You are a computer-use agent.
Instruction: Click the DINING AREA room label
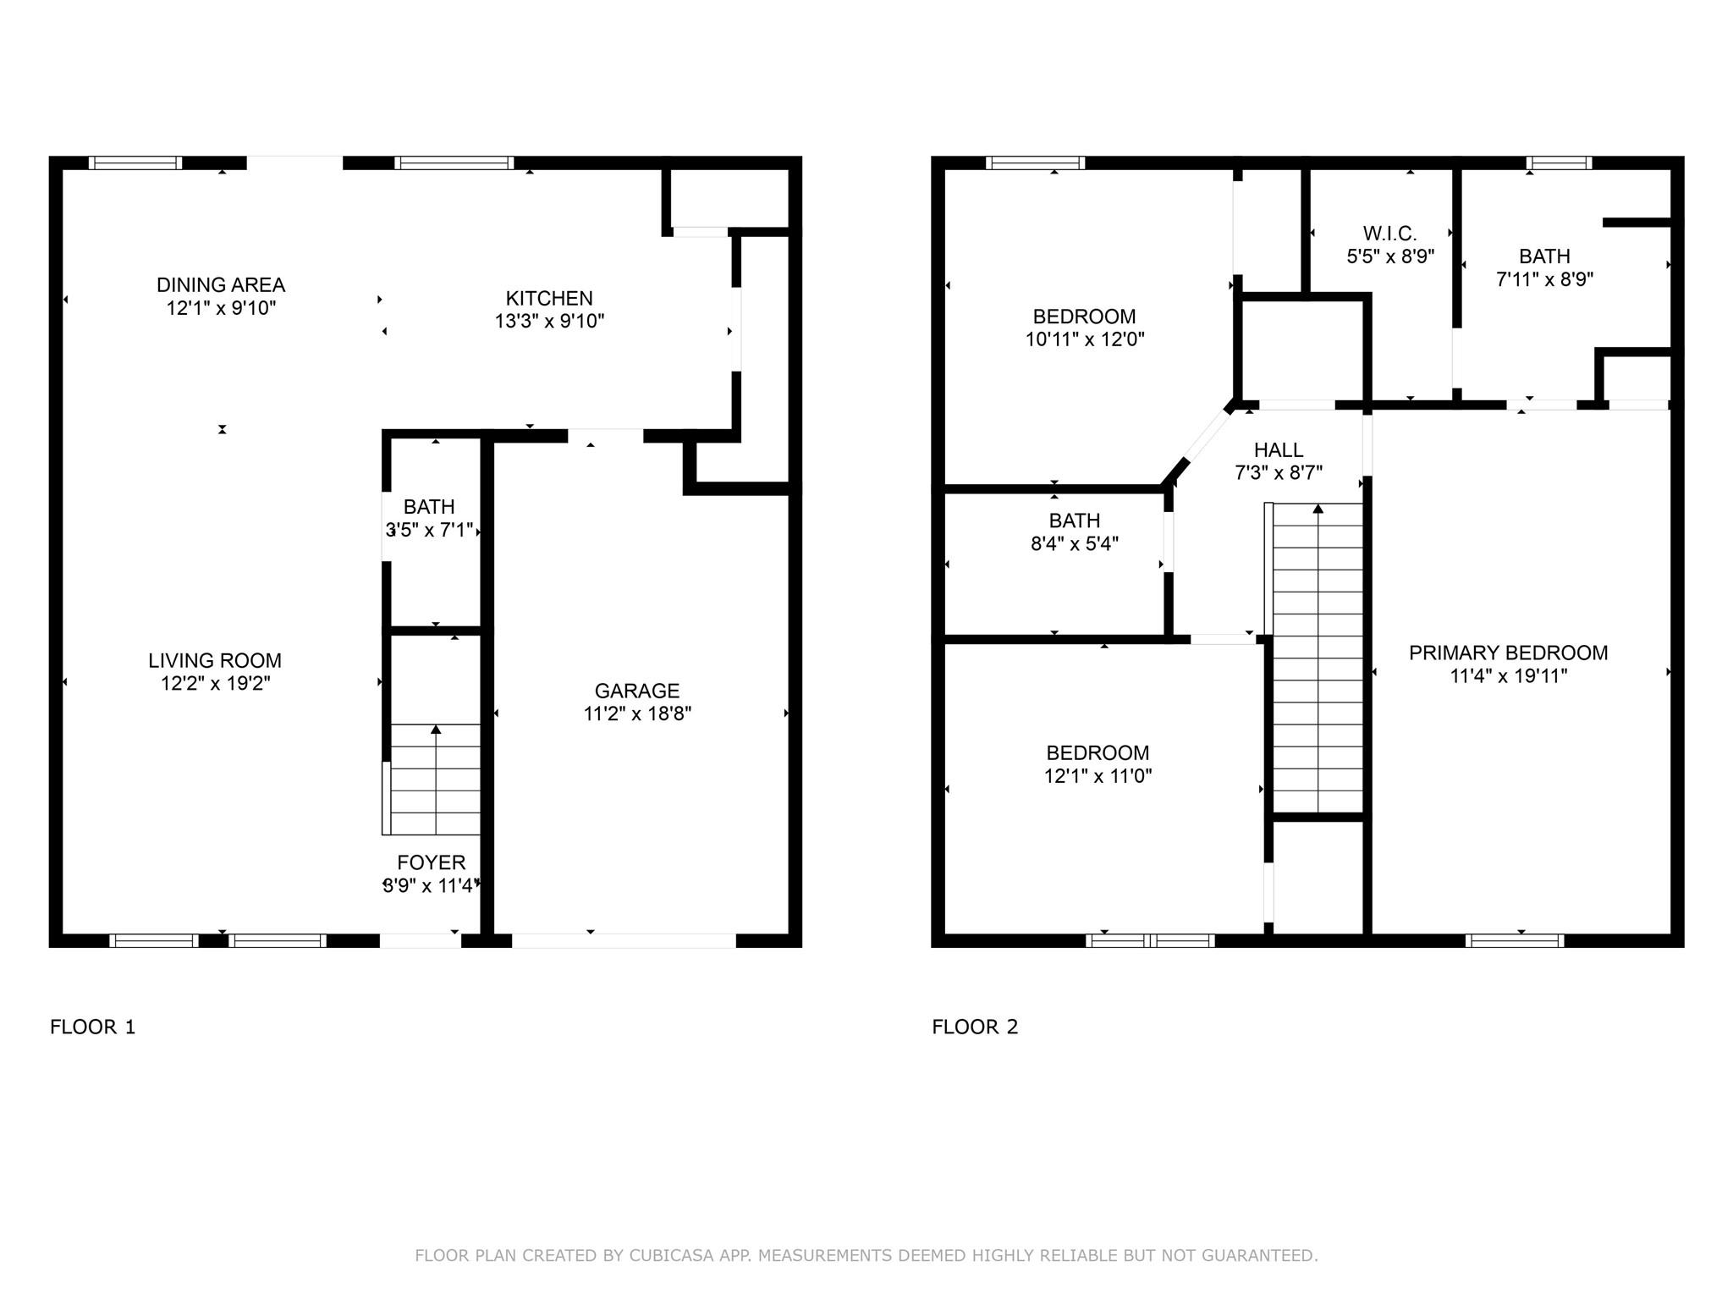click(x=221, y=285)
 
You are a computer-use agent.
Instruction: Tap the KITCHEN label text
click(x=549, y=299)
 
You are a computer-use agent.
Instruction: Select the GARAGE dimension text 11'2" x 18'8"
click(x=637, y=713)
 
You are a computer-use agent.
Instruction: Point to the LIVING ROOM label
click(x=215, y=661)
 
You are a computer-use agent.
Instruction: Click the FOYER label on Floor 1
click(x=432, y=862)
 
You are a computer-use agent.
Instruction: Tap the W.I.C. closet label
click(x=1389, y=234)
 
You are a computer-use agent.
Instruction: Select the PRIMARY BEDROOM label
click(x=1509, y=653)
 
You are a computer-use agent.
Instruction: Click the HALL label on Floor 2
click(x=1279, y=450)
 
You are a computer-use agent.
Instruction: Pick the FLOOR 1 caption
click(x=93, y=1027)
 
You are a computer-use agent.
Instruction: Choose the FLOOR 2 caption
click(x=975, y=1027)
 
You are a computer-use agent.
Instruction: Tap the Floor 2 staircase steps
click(x=1318, y=658)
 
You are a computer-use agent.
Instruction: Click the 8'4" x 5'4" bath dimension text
click(x=1075, y=543)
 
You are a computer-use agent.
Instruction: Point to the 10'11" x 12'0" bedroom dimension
click(x=1085, y=339)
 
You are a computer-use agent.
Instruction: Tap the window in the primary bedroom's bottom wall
click(x=1515, y=940)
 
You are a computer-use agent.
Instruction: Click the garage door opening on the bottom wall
click(x=624, y=940)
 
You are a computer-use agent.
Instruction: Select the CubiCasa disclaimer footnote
click(x=866, y=1255)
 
